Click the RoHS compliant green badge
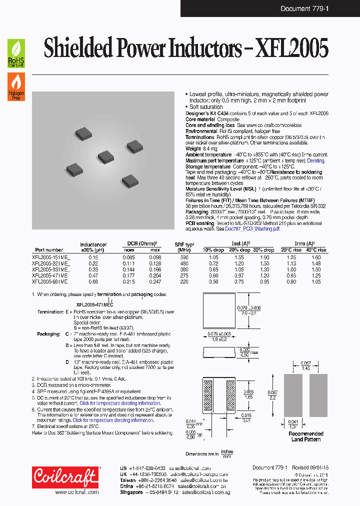point(16,54)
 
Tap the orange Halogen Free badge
point(16,86)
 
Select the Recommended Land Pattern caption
point(306,436)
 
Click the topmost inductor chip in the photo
point(83,132)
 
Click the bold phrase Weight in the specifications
point(193,148)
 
